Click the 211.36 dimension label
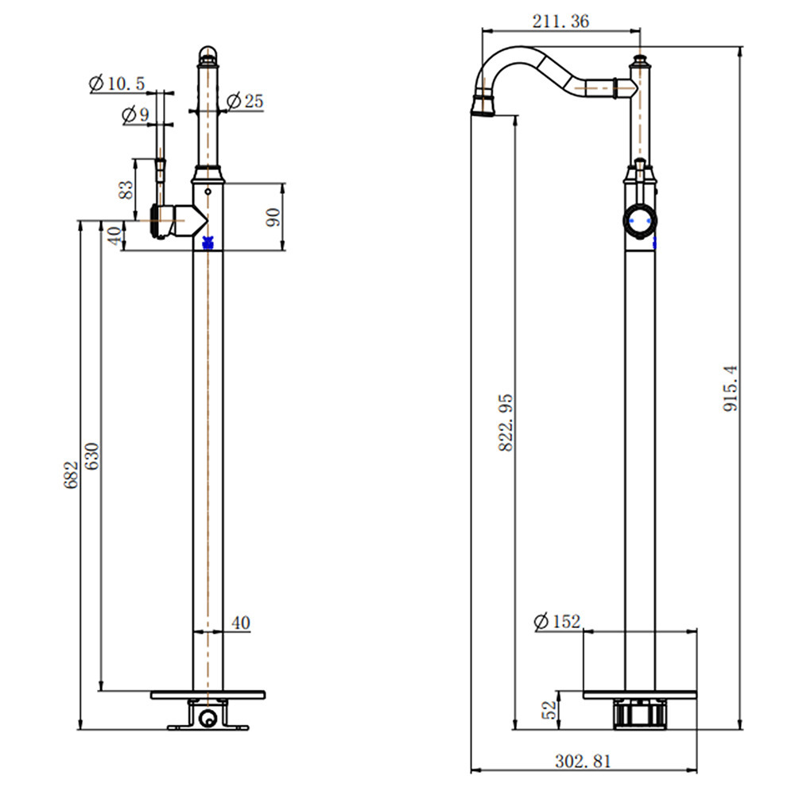[560, 21]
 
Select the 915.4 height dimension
[731, 389]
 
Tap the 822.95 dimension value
[506, 423]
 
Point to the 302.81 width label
[583, 761]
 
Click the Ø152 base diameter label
[556, 621]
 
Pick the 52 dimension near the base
[549, 710]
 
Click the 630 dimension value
[92, 456]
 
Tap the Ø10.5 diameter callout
[117, 83]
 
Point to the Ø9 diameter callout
[135, 114]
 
